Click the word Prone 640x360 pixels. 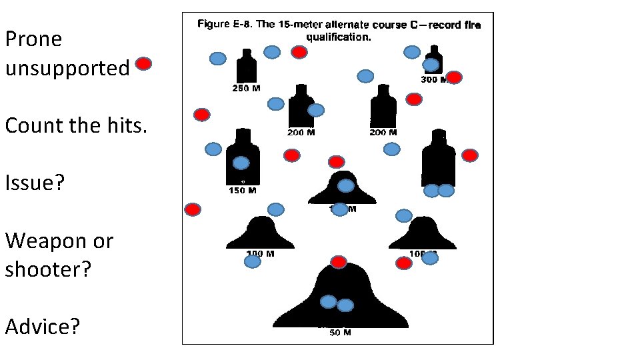[33, 39]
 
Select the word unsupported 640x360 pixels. [67, 68]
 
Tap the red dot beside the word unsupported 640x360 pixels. [143, 64]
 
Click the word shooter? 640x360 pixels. [47, 269]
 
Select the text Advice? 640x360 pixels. [42, 327]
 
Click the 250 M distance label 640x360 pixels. [245, 89]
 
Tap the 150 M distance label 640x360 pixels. [242, 191]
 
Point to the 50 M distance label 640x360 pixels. [340, 333]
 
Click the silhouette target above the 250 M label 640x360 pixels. [246, 67]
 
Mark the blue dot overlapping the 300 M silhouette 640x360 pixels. [431, 65]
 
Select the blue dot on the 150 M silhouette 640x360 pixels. [241, 163]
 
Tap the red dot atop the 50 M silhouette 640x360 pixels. [339, 262]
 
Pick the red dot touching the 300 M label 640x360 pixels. [454, 77]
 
